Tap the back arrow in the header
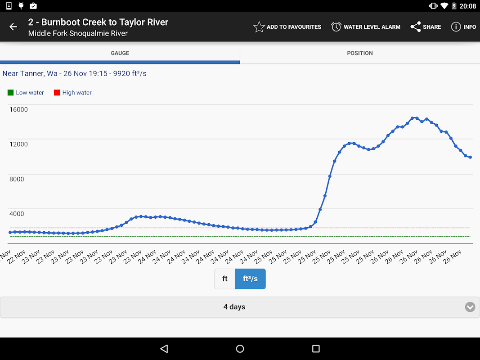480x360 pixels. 13,27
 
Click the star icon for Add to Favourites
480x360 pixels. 259,27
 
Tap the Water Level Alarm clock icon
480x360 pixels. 336,27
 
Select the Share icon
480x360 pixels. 416,27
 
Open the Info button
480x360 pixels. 456,27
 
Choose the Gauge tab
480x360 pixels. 120,53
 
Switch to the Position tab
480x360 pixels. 360,53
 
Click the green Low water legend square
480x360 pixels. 10,93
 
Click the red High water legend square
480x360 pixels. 57,93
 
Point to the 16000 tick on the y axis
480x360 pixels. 18,109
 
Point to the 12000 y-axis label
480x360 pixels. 18,144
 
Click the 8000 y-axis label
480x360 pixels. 17,179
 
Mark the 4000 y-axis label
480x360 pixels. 17,214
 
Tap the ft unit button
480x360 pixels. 225,279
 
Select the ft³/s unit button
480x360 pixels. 250,279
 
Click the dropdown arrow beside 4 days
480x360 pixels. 470,307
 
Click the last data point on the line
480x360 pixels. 470,157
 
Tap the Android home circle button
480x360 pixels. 240,349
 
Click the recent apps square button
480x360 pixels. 316,349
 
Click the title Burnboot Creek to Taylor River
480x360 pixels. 98,22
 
